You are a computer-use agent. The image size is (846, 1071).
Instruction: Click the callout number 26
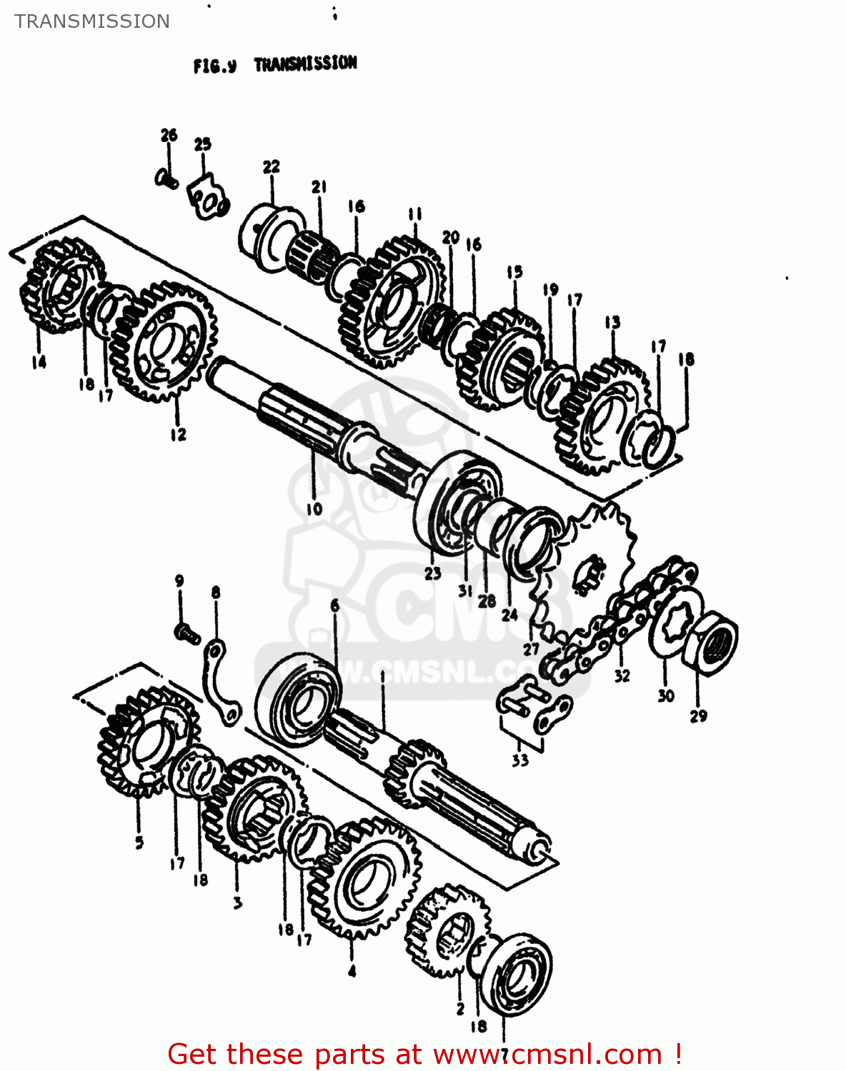169,135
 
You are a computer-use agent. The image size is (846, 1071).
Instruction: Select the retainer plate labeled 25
206,200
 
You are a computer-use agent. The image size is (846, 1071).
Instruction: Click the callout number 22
272,166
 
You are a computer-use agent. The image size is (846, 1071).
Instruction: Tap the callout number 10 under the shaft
314,508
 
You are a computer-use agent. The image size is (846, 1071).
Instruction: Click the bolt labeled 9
187,633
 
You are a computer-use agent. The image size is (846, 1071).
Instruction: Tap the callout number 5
139,843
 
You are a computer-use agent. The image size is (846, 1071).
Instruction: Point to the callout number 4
352,971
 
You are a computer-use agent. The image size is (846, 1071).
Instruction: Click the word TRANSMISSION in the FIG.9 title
305,64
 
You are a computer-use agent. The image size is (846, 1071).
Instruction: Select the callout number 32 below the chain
622,675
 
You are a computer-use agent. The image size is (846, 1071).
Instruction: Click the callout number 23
433,573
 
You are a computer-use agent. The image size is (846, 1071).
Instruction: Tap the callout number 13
612,322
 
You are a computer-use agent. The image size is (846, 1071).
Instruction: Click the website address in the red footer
547,1054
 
